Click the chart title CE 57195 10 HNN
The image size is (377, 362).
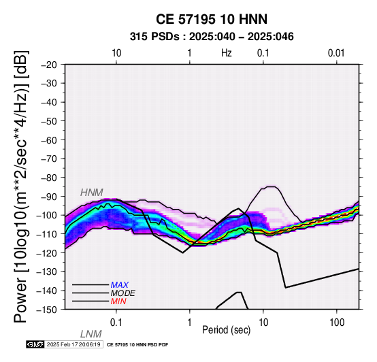(x=212, y=19)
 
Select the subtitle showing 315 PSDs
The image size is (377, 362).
(x=212, y=37)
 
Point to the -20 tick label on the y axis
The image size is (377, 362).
(x=49, y=65)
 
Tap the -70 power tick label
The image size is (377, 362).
(x=49, y=159)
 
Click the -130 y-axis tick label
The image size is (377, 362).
(x=46, y=272)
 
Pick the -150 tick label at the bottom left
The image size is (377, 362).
(x=46, y=310)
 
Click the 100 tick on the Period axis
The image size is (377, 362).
(x=337, y=323)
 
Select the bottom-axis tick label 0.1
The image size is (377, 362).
(x=116, y=323)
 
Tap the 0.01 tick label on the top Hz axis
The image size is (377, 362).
(x=336, y=53)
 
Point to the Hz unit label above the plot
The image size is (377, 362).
(x=226, y=53)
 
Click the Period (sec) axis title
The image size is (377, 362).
(x=226, y=330)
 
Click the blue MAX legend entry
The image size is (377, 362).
(x=119, y=285)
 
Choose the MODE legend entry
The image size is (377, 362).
(x=122, y=293)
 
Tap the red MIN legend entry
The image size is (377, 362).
(x=118, y=301)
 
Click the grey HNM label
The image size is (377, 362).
(x=91, y=193)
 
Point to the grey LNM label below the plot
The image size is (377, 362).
(x=91, y=334)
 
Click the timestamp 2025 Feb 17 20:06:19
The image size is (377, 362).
(x=73, y=345)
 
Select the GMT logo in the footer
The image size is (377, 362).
(x=35, y=345)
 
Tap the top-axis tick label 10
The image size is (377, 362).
(x=116, y=53)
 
